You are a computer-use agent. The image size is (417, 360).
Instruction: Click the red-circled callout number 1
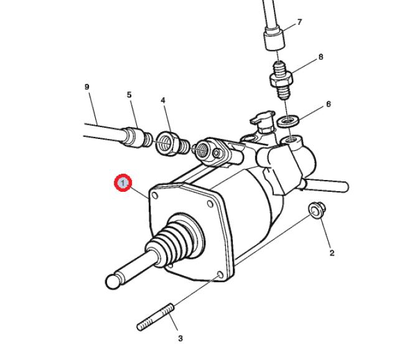(123, 182)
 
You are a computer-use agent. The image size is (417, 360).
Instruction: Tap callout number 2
(332, 253)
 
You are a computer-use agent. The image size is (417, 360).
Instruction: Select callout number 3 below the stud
(180, 338)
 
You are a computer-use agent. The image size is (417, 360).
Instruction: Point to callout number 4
(163, 100)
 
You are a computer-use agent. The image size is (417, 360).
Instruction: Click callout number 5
(129, 95)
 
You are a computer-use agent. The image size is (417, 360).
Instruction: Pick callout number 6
(329, 104)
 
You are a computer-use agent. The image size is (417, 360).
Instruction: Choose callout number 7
(300, 22)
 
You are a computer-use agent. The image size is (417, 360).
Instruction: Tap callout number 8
(321, 57)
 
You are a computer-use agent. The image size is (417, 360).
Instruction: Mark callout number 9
(87, 87)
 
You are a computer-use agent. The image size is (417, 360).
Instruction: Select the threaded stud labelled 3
(156, 318)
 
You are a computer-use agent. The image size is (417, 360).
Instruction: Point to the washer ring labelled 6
(288, 121)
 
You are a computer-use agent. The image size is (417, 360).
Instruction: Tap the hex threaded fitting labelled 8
(282, 80)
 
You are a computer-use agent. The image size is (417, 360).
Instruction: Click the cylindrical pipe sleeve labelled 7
(274, 39)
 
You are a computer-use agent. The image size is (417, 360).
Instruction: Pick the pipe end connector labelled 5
(137, 137)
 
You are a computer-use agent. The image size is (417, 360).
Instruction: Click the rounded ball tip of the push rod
(113, 282)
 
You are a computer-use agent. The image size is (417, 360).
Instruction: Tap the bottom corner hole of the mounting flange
(220, 275)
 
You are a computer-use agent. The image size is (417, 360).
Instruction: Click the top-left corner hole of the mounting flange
(155, 196)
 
